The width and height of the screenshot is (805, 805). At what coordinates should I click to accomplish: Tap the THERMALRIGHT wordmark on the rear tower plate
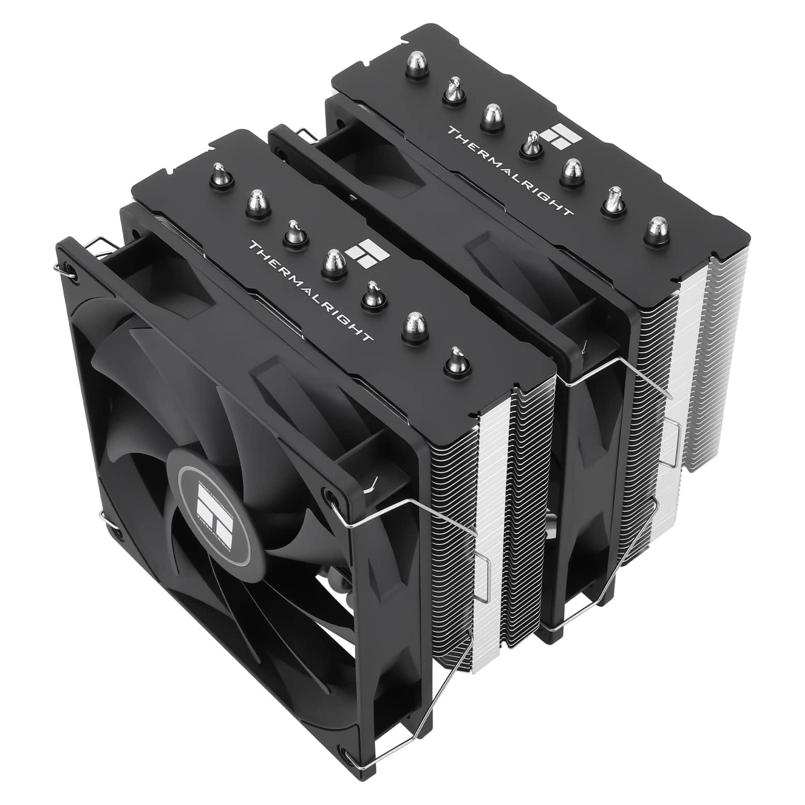(x=510, y=170)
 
